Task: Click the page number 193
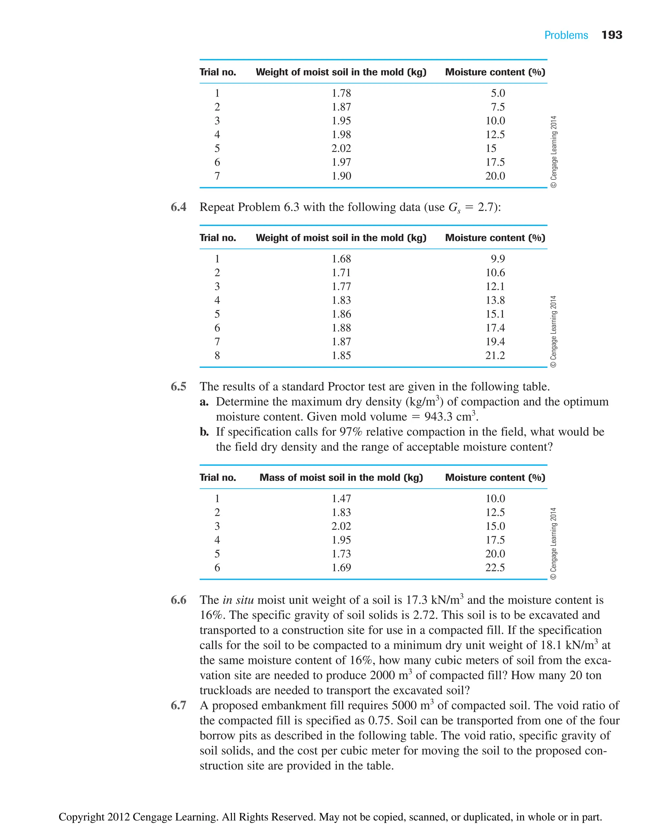point(612,35)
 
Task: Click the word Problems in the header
point(566,36)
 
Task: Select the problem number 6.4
point(178,207)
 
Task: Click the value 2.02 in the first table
point(341,148)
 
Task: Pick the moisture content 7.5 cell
point(497,107)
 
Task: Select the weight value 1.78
point(341,93)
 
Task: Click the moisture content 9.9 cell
point(497,259)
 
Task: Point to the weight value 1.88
point(341,328)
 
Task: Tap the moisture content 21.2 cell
point(495,355)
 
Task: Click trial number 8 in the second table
point(217,355)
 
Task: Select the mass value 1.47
point(341,499)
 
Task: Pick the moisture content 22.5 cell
point(495,567)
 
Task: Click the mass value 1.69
point(341,567)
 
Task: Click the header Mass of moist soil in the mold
point(341,477)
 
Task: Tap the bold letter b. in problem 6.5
point(204,432)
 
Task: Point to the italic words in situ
point(238,600)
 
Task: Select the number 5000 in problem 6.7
point(404,705)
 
